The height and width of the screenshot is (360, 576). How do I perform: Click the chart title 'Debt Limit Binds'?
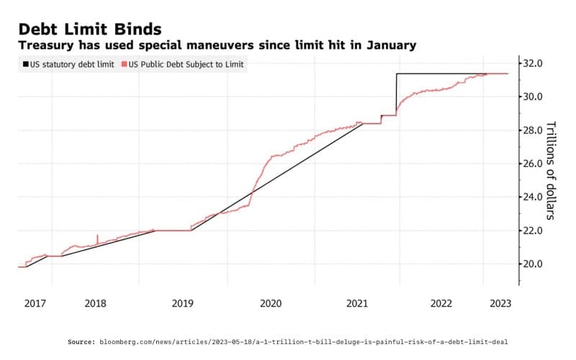pos(89,28)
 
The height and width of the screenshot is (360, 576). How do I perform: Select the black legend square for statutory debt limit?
pos(25,64)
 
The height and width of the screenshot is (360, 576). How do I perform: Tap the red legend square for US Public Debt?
pos(124,64)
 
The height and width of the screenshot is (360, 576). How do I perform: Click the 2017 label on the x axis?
pos(35,304)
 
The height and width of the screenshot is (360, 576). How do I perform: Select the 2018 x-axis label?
pos(96,304)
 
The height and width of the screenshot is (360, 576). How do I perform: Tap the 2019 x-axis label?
pos(183,304)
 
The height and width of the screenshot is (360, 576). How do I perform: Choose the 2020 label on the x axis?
pos(270,304)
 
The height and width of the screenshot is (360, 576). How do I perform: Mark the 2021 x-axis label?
pos(357,304)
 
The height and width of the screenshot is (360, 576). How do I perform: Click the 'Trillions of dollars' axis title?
pos(552,169)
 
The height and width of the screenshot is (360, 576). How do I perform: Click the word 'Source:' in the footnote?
pos(82,341)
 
